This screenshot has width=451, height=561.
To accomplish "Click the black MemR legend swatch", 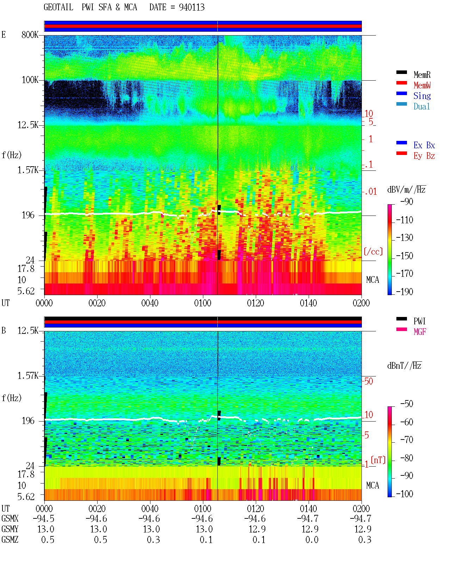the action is tap(401, 72).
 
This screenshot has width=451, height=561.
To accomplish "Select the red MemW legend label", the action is tap(422, 85).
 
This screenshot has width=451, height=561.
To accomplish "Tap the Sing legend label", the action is tap(422, 96).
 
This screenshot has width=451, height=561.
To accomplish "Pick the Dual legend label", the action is tap(421, 106).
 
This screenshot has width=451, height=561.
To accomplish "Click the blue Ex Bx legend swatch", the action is tap(401, 143).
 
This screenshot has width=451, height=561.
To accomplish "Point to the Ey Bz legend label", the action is tap(424, 156).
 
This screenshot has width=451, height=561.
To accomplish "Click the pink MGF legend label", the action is tap(420, 332).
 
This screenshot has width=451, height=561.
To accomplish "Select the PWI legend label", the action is tap(419, 321).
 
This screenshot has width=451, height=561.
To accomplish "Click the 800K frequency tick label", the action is tap(30, 35).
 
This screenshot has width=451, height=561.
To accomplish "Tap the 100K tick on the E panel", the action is tap(30, 80).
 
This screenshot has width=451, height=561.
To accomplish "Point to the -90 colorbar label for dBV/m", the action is tap(407, 201).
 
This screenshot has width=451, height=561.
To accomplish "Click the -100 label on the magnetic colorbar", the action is tap(404, 494).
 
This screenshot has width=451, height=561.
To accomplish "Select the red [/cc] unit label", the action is tap(373, 251).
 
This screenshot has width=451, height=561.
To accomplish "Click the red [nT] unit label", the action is tap(378, 460).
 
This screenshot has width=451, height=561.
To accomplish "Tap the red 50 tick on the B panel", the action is tap(369, 381).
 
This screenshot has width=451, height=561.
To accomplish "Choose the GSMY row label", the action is tap(10, 529).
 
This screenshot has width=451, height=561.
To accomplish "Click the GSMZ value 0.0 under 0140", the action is tap(312, 540).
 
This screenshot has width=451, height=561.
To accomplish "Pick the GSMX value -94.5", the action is tap(44, 518).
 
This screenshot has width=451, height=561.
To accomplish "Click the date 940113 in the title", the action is tap(192, 7).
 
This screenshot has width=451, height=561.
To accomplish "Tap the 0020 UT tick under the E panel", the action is tap(97, 303).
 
